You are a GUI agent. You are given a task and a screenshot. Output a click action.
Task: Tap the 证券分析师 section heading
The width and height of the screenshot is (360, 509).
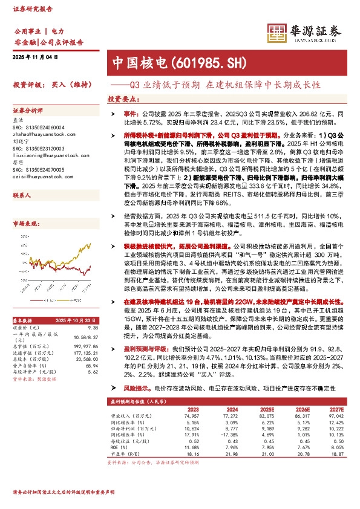28,111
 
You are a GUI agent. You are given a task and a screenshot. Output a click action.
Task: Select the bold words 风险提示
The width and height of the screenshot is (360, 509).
134,386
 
